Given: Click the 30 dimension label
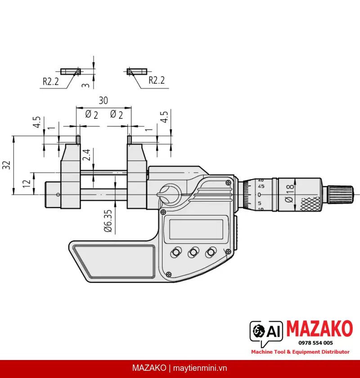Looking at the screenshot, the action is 103,100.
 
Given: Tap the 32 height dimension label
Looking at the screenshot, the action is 6,165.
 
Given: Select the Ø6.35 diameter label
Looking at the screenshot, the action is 108,220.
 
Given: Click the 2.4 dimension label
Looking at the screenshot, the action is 86,155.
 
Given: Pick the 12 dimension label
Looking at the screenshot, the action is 27,184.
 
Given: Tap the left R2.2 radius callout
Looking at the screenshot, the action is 51,81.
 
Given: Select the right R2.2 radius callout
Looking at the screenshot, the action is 157,80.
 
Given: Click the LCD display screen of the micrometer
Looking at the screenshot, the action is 196,229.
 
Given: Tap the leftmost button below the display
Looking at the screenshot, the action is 176,252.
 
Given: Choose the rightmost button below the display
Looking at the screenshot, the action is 211,252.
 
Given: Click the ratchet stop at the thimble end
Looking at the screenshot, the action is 340,194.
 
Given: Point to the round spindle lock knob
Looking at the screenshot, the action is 169,194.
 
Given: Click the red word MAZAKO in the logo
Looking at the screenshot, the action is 320,328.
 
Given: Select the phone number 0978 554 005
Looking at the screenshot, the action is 315,343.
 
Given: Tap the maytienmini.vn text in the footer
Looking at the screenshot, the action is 200,368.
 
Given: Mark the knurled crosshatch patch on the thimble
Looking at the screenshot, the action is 310,204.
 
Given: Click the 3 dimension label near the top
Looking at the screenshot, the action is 85,85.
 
